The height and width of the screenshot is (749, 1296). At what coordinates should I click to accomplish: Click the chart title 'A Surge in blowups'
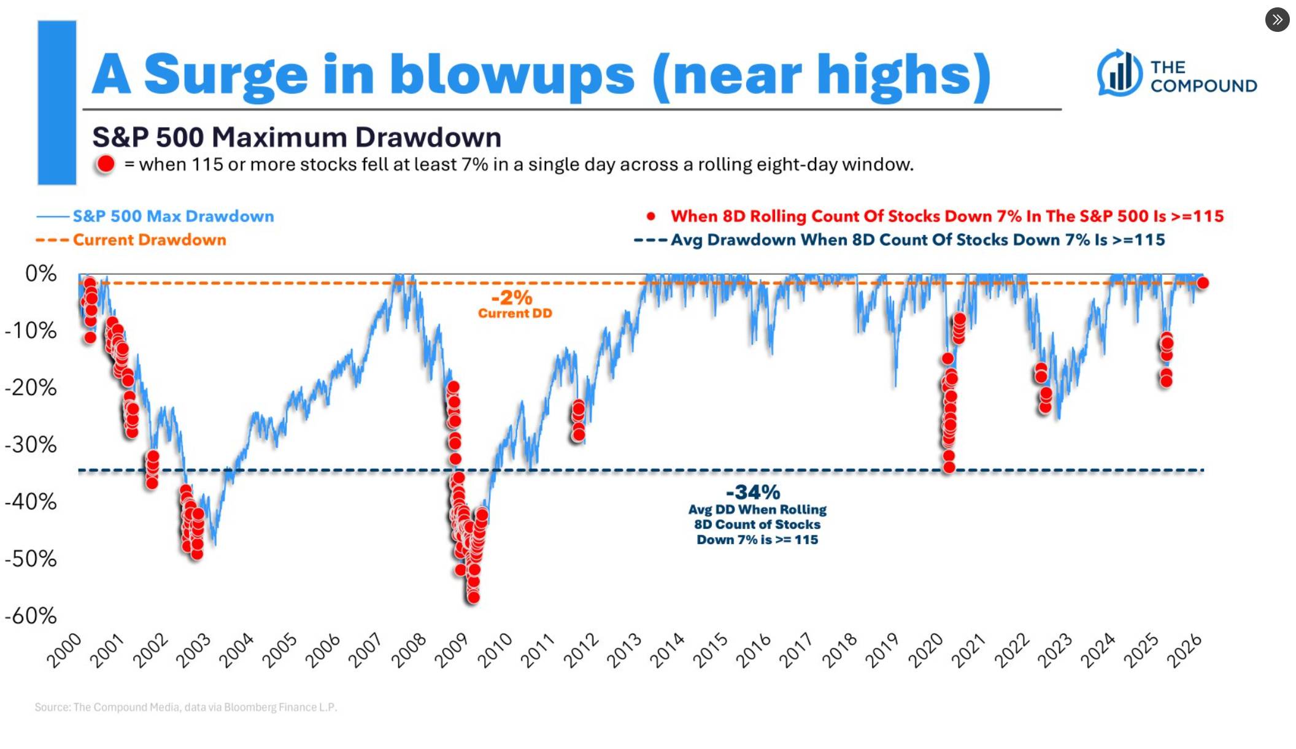click(540, 75)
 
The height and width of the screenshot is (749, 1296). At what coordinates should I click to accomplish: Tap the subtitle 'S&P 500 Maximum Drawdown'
click(296, 137)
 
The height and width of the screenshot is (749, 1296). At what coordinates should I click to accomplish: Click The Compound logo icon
click(1119, 73)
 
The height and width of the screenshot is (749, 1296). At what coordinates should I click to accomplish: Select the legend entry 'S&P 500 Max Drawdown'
click(173, 216)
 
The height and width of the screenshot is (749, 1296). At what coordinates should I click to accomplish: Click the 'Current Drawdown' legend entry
click(149, 240)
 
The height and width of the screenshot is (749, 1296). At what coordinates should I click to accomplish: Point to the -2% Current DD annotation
click(514, 304)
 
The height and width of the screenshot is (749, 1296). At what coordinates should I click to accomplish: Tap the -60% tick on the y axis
click(31, 615)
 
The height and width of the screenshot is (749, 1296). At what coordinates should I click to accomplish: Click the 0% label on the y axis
click(40, 274)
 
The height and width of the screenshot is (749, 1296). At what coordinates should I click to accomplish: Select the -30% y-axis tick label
click(31, 444)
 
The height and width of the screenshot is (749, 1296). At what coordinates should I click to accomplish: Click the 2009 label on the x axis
click(452, 650)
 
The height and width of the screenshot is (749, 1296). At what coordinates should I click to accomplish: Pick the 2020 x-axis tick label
click(925, 650)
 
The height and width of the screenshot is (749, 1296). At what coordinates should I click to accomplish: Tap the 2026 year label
click(1184, 650)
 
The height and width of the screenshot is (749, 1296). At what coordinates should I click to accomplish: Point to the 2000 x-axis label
click(64, 650)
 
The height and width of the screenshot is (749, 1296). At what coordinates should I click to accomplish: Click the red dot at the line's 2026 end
click(1203, 283)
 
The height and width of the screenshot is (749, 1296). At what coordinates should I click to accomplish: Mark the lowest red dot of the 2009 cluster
click(473, 597)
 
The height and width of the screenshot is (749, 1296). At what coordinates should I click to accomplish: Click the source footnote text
click(185, 707)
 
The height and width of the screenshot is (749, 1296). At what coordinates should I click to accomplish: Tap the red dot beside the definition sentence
click(106, 164)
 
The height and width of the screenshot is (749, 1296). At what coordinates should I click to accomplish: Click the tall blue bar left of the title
click(57, 102)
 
